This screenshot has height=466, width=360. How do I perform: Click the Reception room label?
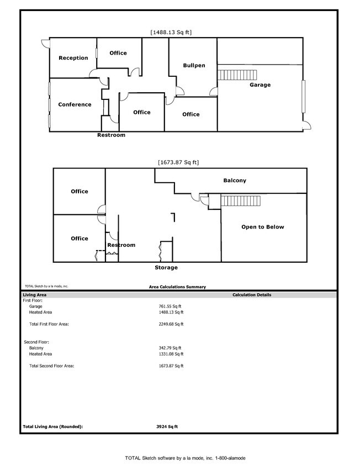(73, 58)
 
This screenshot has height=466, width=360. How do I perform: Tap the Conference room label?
(75, 104)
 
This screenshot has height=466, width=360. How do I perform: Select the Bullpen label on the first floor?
(194, 66)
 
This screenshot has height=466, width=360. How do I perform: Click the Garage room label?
(260, 85)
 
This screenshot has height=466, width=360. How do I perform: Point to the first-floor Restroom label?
(111, 135)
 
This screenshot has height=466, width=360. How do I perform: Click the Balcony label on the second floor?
(235, 181)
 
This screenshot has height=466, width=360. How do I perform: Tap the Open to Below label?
(263, 227)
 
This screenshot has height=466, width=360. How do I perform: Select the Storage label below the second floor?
(166, 268)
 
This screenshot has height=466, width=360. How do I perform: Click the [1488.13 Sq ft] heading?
(171, 33)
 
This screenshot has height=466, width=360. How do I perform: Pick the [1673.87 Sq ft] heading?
(178, 162)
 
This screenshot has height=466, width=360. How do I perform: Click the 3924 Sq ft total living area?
(167, 427)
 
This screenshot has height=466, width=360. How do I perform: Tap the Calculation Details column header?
(252, 295)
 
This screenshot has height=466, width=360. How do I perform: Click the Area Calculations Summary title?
(177, 287)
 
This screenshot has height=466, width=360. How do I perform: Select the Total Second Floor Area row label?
(51, 366)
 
